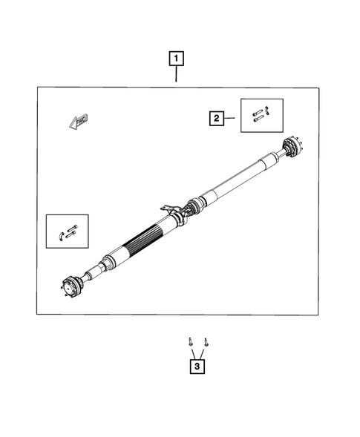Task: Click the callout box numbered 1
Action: (177, 58)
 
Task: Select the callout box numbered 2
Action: (216, 116)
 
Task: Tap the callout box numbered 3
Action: (197, 366)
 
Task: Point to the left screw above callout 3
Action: (189, 342)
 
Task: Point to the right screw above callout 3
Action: (206, 342)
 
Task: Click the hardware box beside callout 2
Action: (261, 115)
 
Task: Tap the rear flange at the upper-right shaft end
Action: (290, 149)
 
